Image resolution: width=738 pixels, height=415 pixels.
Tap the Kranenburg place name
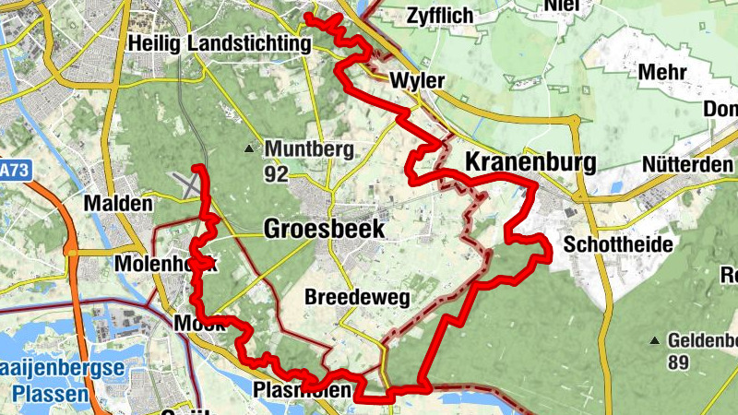point(530,162)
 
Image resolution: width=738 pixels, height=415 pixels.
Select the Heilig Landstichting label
point(220,43)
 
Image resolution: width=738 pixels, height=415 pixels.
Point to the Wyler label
point(417,81)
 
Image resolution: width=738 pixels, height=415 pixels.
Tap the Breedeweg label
point(356,298)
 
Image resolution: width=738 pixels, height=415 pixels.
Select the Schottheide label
point(617,244)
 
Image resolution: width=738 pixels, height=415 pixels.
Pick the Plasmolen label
point(302,391)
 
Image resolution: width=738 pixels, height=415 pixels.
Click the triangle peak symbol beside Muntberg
point(249,148)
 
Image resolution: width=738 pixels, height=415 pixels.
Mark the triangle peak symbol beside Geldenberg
point(654,339)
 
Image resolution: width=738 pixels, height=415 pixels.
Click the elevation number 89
point(679,362)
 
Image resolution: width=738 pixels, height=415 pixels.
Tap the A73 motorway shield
point(11,171)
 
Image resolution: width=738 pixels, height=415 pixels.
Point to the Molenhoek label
point(163,265)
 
